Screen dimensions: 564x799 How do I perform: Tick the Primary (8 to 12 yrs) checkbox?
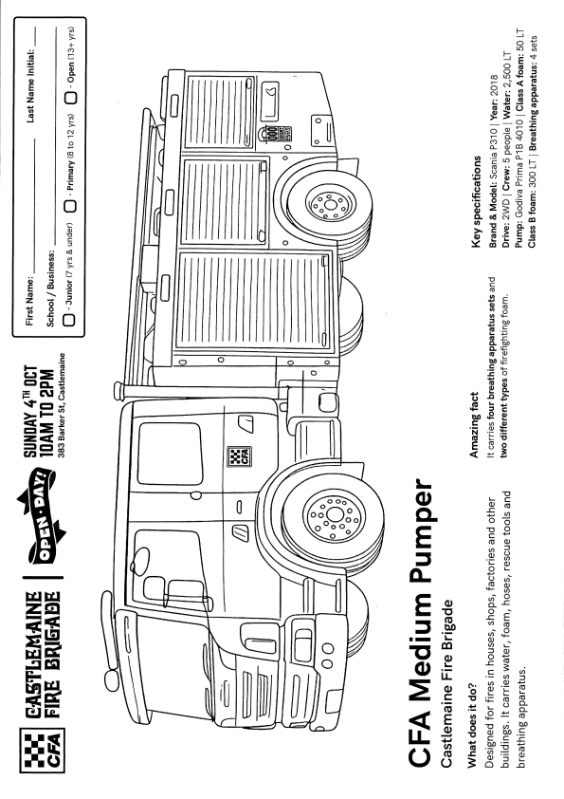pos(70,205)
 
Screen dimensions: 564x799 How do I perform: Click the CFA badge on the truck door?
pos(238,456)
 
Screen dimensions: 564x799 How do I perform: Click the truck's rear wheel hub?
pos(331,205)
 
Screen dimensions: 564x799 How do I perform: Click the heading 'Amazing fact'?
pos(474,424)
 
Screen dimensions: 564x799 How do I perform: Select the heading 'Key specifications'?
pos(477,202)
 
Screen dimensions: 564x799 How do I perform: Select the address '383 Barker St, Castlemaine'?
pos(62,404)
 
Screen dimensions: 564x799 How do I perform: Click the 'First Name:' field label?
pos(29,301)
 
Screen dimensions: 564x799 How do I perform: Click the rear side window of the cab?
pos(170,453)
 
